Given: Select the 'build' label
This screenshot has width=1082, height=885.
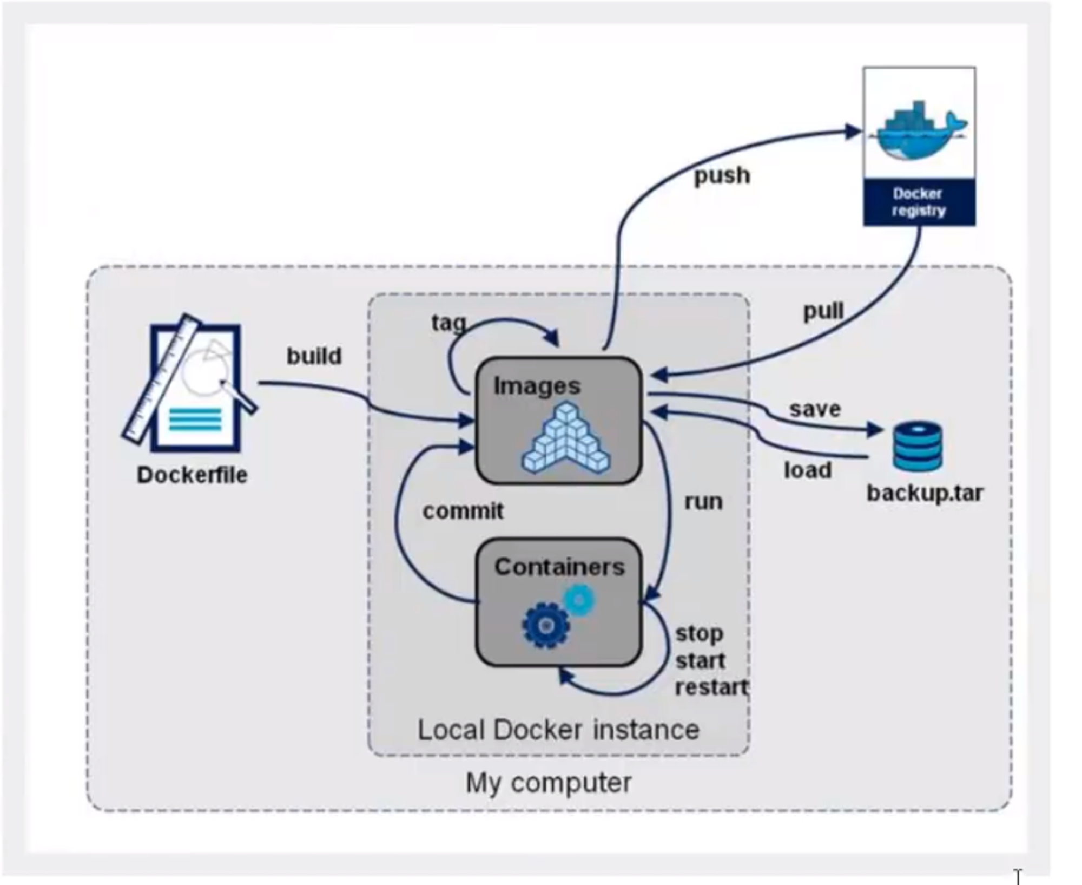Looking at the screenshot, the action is (x=314, y=356).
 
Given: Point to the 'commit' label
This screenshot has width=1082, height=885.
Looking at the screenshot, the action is (x=463, y=511).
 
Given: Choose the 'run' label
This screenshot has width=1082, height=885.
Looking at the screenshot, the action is (x=703, y=502).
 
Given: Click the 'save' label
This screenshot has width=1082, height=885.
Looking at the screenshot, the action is (x=815, y=409).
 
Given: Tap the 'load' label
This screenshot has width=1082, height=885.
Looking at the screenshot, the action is (x=808, y=470).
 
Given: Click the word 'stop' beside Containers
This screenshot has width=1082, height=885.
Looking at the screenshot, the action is (x=700, y=634).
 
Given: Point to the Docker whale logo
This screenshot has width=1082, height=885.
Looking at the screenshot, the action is (x=918, y=130).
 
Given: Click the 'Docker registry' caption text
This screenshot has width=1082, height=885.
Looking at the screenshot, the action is (x=919, y=202).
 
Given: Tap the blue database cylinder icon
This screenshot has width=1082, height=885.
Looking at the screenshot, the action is (x=918, y=447).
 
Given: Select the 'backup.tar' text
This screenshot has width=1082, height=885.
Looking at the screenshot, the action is (x=925, y=493).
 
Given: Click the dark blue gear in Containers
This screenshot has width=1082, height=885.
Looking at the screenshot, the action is (x=546, y=626).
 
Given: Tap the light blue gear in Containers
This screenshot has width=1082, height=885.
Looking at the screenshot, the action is (x=579, y=600).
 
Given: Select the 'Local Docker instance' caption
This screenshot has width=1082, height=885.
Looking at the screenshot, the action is (x=558, y=730).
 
